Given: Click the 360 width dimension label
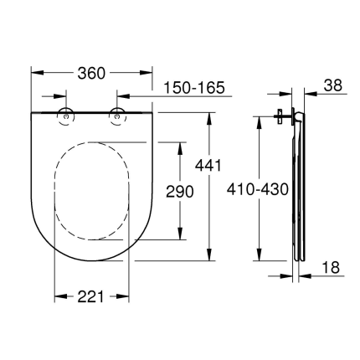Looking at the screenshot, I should click(91, 74).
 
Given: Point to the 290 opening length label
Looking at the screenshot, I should click(179, 192).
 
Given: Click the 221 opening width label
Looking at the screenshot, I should click(91, 296).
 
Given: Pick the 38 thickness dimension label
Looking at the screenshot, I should click(332, 85).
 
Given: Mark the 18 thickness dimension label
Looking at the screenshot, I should click(332, 268).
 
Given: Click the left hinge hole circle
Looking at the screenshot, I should click(65, 116).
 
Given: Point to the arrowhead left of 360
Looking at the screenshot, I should click(35, 74).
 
